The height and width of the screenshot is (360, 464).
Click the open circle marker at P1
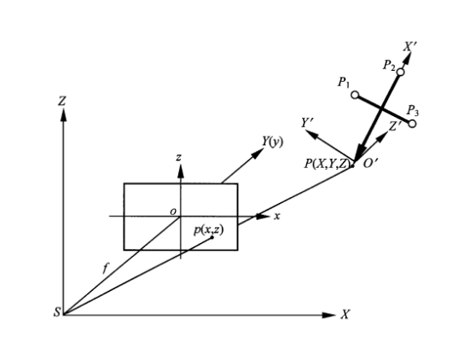point(355,95)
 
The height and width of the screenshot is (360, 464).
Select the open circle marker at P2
point(400,72)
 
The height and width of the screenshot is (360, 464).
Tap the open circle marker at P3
point(412,124)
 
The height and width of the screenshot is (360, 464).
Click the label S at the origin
point(57,312)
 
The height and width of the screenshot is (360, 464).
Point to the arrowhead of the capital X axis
point(328,316)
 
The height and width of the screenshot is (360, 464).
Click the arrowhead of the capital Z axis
point(63,115)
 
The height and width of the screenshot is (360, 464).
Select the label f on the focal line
point(106,269)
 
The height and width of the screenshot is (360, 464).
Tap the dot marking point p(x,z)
point(212,237)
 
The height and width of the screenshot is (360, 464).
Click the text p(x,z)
point(209,229)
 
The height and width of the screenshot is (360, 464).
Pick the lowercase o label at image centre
point(173,212)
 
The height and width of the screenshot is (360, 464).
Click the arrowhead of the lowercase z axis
point(181,171)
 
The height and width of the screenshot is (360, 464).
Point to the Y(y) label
point(273,142)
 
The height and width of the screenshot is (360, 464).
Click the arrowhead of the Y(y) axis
point(258,154)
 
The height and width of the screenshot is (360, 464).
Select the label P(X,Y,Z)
point(328,164)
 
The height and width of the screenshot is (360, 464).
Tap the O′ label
point(370,163)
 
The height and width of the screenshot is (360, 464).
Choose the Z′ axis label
point(395,126)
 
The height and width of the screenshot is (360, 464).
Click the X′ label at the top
point(411,46)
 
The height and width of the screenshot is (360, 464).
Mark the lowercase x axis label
point(277,217)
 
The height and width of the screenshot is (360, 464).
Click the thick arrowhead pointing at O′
point(360,153)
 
